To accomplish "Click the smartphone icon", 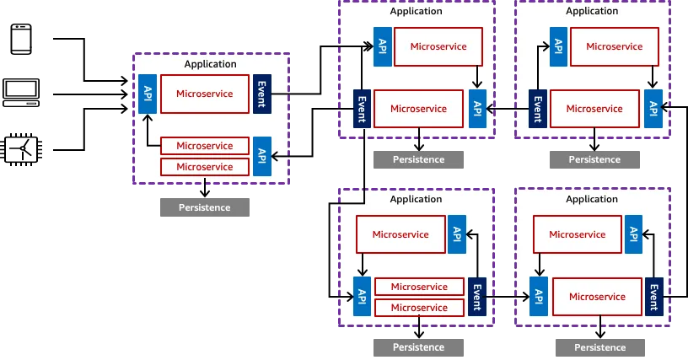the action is [21, 39].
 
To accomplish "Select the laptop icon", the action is [21, 93].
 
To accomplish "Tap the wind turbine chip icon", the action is [21, 149].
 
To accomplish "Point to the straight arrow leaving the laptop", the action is [90, 94].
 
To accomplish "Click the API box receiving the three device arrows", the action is [148, 94].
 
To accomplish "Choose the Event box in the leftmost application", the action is [262, 94].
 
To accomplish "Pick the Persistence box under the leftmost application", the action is [205, 207].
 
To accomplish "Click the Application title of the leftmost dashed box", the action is [210, 64].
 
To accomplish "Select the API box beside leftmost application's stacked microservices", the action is [262, 156].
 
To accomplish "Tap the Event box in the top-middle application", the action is [362, 109].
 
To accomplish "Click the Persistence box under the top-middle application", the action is [418, 159].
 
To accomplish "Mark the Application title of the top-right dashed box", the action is [592, 11].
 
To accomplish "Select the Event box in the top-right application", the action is [538, 109].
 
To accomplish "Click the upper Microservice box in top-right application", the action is [615, 46].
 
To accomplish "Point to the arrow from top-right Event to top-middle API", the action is [508, 109].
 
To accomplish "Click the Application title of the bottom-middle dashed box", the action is [416, 199].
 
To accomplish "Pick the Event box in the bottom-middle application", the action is [477, 297].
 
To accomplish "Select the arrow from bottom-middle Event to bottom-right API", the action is [508, 297].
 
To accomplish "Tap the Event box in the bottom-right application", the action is [653, 297].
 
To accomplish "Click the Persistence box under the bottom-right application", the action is [599, 347].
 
